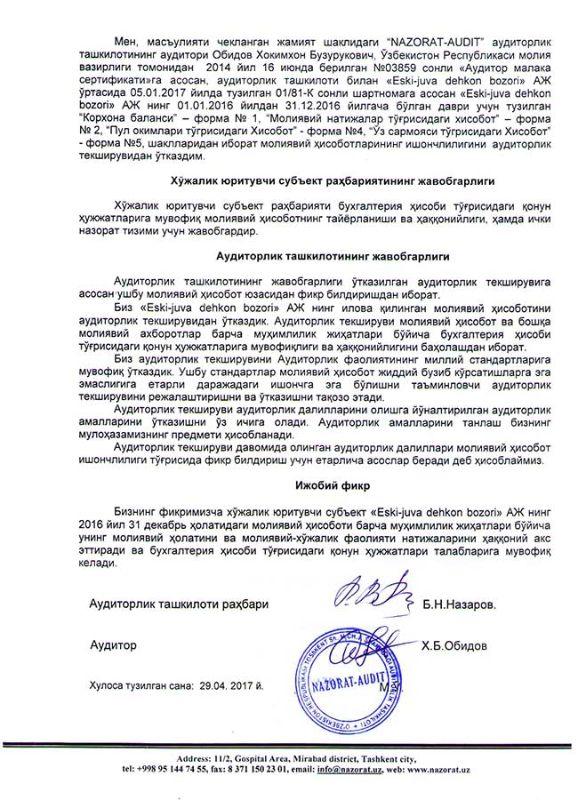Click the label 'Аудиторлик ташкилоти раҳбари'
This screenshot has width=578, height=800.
coord(179,604)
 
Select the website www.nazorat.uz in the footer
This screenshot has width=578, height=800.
coord(442,769)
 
